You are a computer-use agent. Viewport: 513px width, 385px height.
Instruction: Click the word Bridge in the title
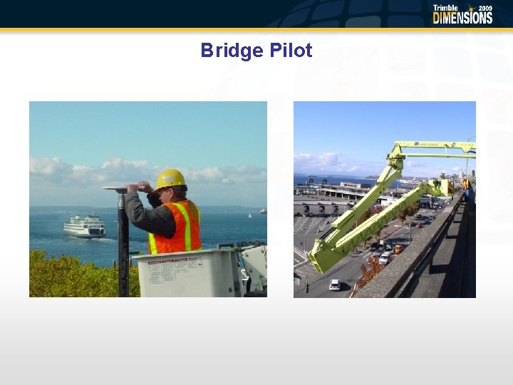227,51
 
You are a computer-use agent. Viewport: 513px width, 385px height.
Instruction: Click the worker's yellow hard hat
170,179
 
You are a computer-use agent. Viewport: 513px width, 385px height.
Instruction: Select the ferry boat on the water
84,227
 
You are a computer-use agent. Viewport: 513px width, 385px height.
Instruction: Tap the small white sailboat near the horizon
249,214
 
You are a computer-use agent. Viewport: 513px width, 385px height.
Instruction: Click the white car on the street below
335,284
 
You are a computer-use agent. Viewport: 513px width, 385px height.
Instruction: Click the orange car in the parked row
398,249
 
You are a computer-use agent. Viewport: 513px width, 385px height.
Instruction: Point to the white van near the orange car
385,257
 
